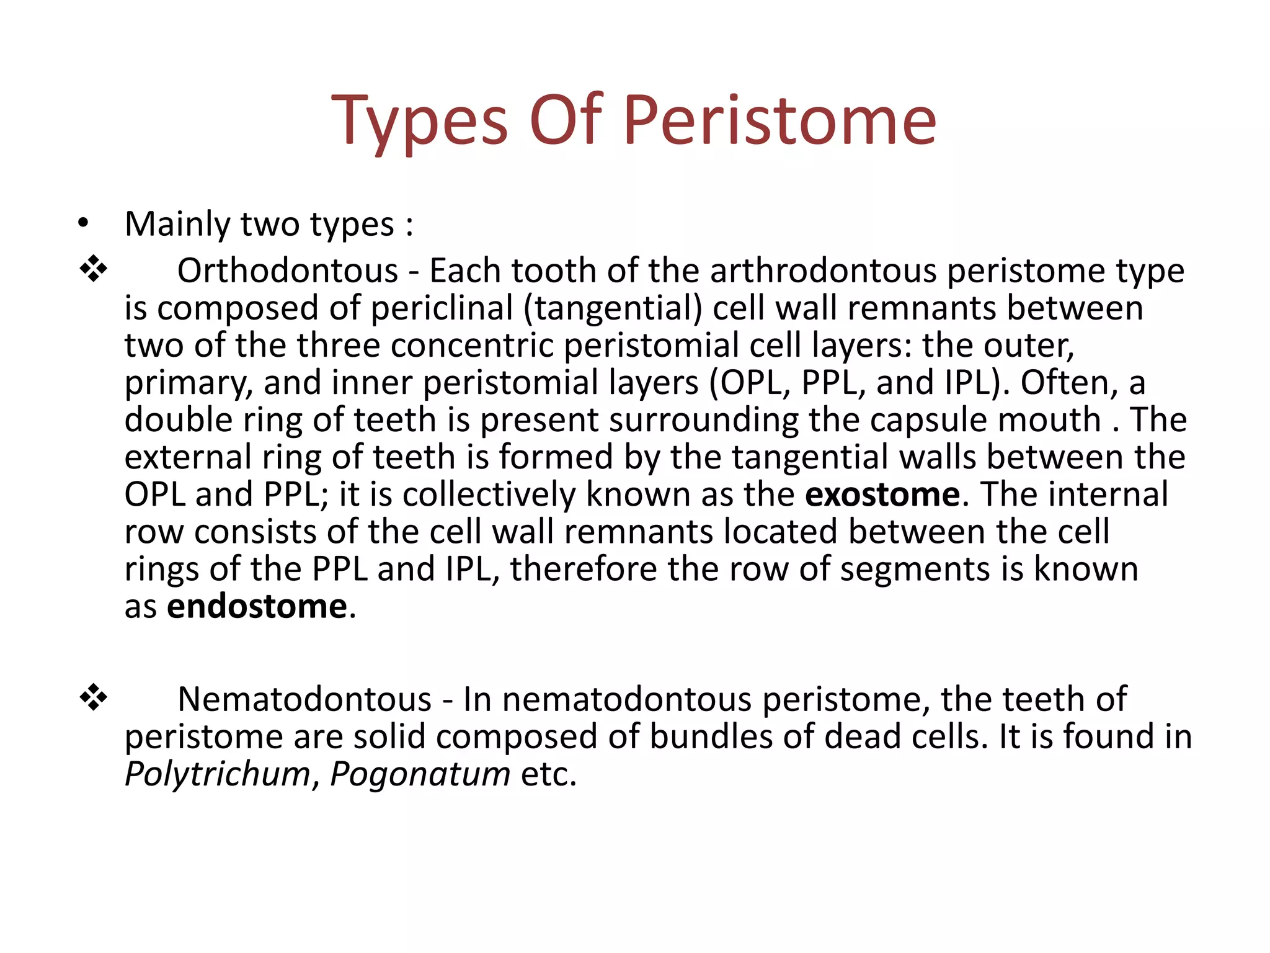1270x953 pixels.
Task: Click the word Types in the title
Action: click(420, 121)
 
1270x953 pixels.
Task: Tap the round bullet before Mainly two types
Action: click(84, 224)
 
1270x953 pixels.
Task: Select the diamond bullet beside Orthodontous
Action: click(94, 270)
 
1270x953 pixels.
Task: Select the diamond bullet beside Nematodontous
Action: click(94, 699)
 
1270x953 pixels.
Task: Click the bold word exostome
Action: click(882, 494)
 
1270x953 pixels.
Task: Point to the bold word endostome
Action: click(257, 606)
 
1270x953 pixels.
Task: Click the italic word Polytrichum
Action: click(218, 774)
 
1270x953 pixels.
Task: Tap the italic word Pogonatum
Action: click(420, 774)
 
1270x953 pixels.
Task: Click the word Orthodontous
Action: click(287, 271)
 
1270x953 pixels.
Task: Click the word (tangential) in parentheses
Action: click(613, 308)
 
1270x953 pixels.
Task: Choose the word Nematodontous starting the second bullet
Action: click(304, 699)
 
